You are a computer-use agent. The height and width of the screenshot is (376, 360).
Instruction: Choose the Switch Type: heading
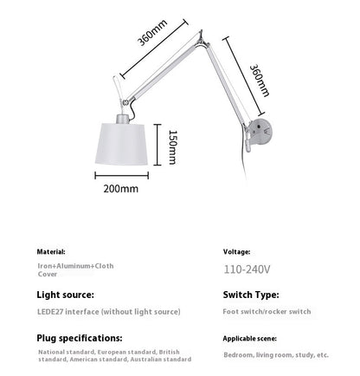pos(252,295)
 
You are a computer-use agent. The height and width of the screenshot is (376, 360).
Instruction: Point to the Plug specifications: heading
pos(79,337)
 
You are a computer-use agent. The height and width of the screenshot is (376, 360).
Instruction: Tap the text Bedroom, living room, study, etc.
pos(275,354)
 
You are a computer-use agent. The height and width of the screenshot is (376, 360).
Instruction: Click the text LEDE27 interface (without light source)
pos(109,311)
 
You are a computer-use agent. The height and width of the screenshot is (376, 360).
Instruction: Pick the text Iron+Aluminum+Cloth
pos(75,265)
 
